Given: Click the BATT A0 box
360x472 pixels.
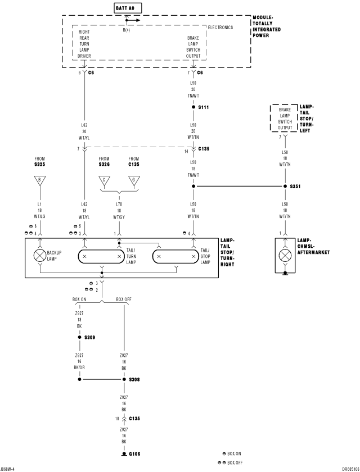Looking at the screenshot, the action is (128, 8).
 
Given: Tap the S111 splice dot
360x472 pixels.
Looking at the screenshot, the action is (193, 107).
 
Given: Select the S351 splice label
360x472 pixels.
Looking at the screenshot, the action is (295, 187).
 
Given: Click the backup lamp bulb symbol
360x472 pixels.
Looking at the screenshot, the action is (40, 256).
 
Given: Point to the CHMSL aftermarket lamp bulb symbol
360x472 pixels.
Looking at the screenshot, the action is (285, 256).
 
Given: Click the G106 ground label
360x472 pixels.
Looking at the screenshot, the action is (134, 454).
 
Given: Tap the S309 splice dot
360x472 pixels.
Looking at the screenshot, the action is (79, 337).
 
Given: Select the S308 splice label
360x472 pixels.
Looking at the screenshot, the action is (134, 379).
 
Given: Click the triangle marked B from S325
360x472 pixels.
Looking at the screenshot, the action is (40, 180).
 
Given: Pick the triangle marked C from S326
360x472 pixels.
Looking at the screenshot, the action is (104, 180).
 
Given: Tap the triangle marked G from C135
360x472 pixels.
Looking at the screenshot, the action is (134, 180).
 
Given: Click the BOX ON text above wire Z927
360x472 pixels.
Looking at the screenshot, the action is (79, 299).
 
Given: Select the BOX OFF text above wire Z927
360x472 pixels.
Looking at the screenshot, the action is (124, 299).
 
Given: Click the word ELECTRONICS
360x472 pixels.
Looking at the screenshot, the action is (220, 28).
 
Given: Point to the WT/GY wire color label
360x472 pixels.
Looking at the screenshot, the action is (119, 217).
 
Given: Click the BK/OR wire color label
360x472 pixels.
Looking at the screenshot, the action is (79, 367).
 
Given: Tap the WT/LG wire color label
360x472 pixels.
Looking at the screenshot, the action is (40, 216).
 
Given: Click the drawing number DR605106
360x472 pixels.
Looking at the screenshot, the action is (350, 469).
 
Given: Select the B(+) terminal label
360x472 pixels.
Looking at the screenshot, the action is (127, 30).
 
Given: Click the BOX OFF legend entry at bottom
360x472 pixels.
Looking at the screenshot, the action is (231, 462).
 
